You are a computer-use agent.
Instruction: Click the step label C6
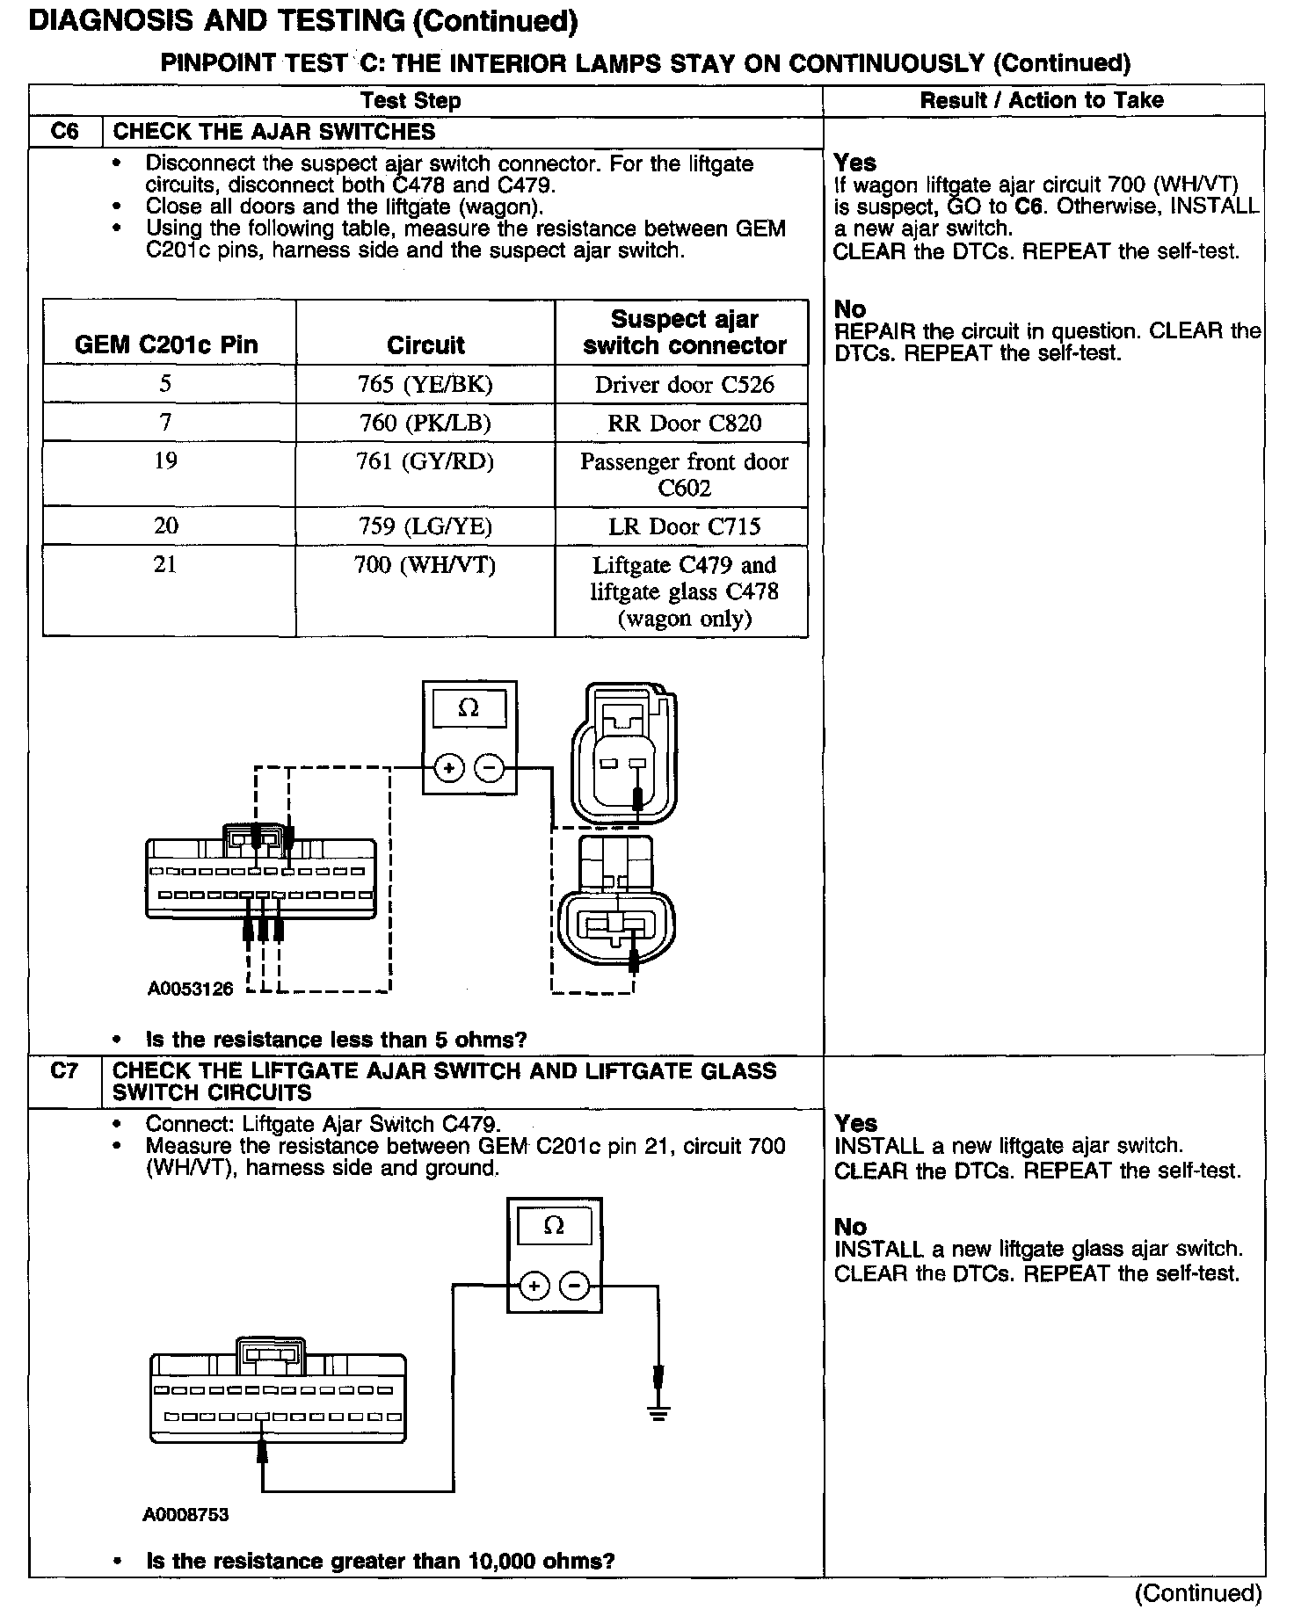65,132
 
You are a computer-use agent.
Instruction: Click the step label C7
65,1071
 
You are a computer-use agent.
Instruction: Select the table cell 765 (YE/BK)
425,384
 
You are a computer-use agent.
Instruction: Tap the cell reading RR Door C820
684,423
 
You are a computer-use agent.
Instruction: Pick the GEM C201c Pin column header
166,344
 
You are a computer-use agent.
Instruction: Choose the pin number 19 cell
165,460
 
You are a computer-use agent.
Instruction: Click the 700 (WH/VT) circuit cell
425,564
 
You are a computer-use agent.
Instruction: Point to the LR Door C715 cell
684,526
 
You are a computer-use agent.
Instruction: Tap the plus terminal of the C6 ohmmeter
448,768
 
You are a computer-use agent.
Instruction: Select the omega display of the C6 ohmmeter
469,708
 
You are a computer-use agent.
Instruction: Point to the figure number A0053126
190,989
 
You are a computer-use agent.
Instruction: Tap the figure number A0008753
185,1515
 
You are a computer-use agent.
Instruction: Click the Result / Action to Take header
1042,100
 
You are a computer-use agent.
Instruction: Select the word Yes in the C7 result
855,1123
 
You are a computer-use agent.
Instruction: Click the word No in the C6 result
850,309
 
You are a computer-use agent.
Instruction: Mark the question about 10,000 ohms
380,1561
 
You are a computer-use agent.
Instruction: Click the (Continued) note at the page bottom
1198,1592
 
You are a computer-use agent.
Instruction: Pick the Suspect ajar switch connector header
684,331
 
